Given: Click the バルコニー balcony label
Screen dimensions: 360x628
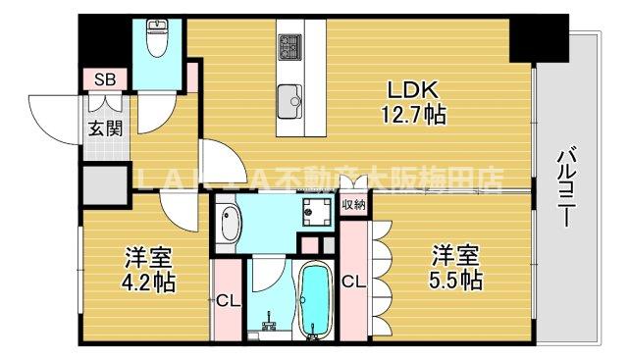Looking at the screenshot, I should (567, 187).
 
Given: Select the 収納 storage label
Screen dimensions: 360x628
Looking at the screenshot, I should (353, 205).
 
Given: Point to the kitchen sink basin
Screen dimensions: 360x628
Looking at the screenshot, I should (290, 98).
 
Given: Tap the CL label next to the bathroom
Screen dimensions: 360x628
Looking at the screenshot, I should (225, 300).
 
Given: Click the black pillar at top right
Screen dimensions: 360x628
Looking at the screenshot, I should (539, 36).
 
